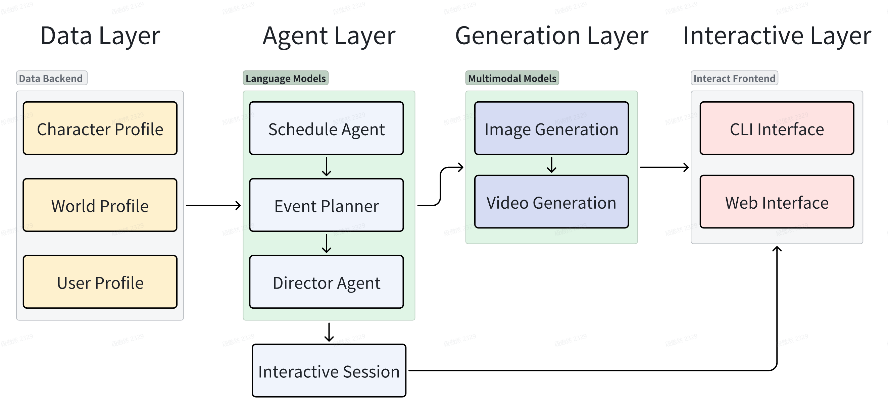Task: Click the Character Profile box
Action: (x=100, y=128)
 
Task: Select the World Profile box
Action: (x=100, y=205)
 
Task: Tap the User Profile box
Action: (x=100, y=282)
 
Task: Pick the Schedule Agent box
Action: (x=327, y=128)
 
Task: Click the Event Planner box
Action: (x=327, y=205)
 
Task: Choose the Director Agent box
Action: (x=327, y=282)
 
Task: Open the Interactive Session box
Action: (x=329, y=371)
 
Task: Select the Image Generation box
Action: (x=551, y=128)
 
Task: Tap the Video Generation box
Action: (x=551, y=202)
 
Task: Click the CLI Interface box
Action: (x=777, y=128)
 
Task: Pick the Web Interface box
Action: (x=777, y=202)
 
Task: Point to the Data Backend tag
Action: (x=52, y=78)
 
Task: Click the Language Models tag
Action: (x=285, y=78)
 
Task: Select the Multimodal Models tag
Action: (x=512, y=78)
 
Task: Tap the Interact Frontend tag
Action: (x=734, y=78)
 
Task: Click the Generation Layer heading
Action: (x=551, y=36)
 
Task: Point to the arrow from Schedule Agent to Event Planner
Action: (x=327, y=166)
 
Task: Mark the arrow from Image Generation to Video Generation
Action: (x=551, y=165)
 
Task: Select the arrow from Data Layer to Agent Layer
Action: (x=213, y=205)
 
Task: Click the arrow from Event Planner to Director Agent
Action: (x=327, y=243)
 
